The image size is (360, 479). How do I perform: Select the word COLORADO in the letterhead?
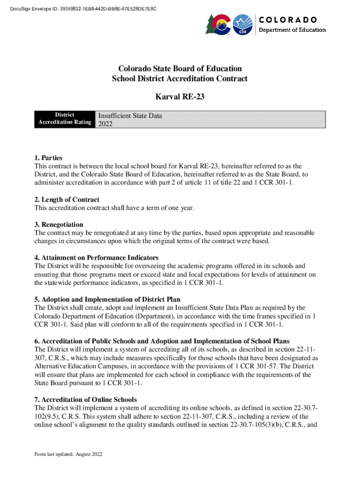(288, 20)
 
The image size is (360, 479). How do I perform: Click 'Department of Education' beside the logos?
(293, 30)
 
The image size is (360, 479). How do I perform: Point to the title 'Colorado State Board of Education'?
(180, 68)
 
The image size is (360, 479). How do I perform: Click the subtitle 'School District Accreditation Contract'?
(180, 79)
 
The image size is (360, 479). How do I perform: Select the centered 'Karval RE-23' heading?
(180, 97)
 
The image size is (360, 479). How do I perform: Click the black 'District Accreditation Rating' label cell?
(65, 118)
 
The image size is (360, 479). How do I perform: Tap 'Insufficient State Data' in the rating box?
(130, 116)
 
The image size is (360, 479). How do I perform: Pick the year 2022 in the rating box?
(105, 124)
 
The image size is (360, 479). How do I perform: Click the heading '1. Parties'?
(48, 158)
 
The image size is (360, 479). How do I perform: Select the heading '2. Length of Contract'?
(66, 200)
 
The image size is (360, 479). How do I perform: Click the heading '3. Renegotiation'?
(58, 225)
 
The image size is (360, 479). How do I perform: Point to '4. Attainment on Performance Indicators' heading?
(96, 258)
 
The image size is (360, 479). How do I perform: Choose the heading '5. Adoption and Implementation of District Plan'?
(107, 299)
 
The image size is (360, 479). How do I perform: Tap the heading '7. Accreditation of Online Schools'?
(85, 399)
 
